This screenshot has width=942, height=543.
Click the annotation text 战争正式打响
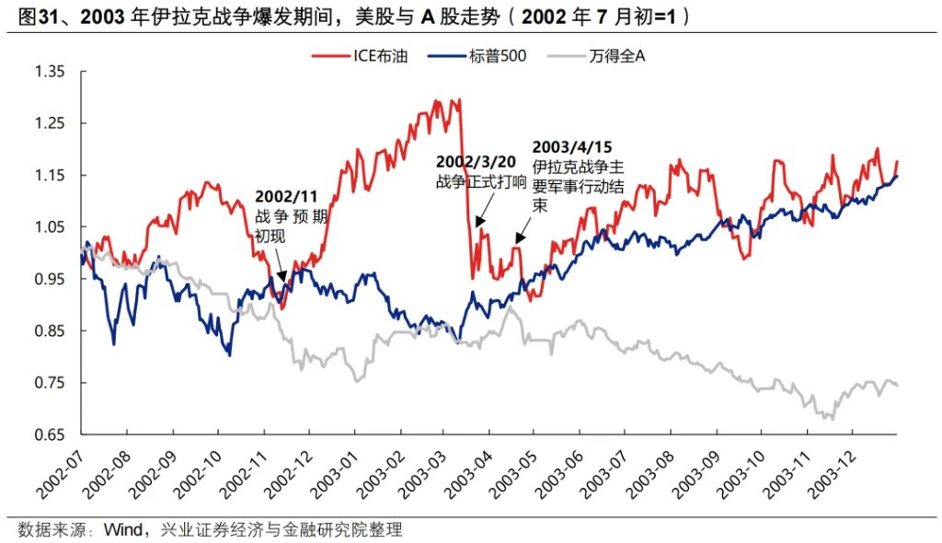click(481, 181)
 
